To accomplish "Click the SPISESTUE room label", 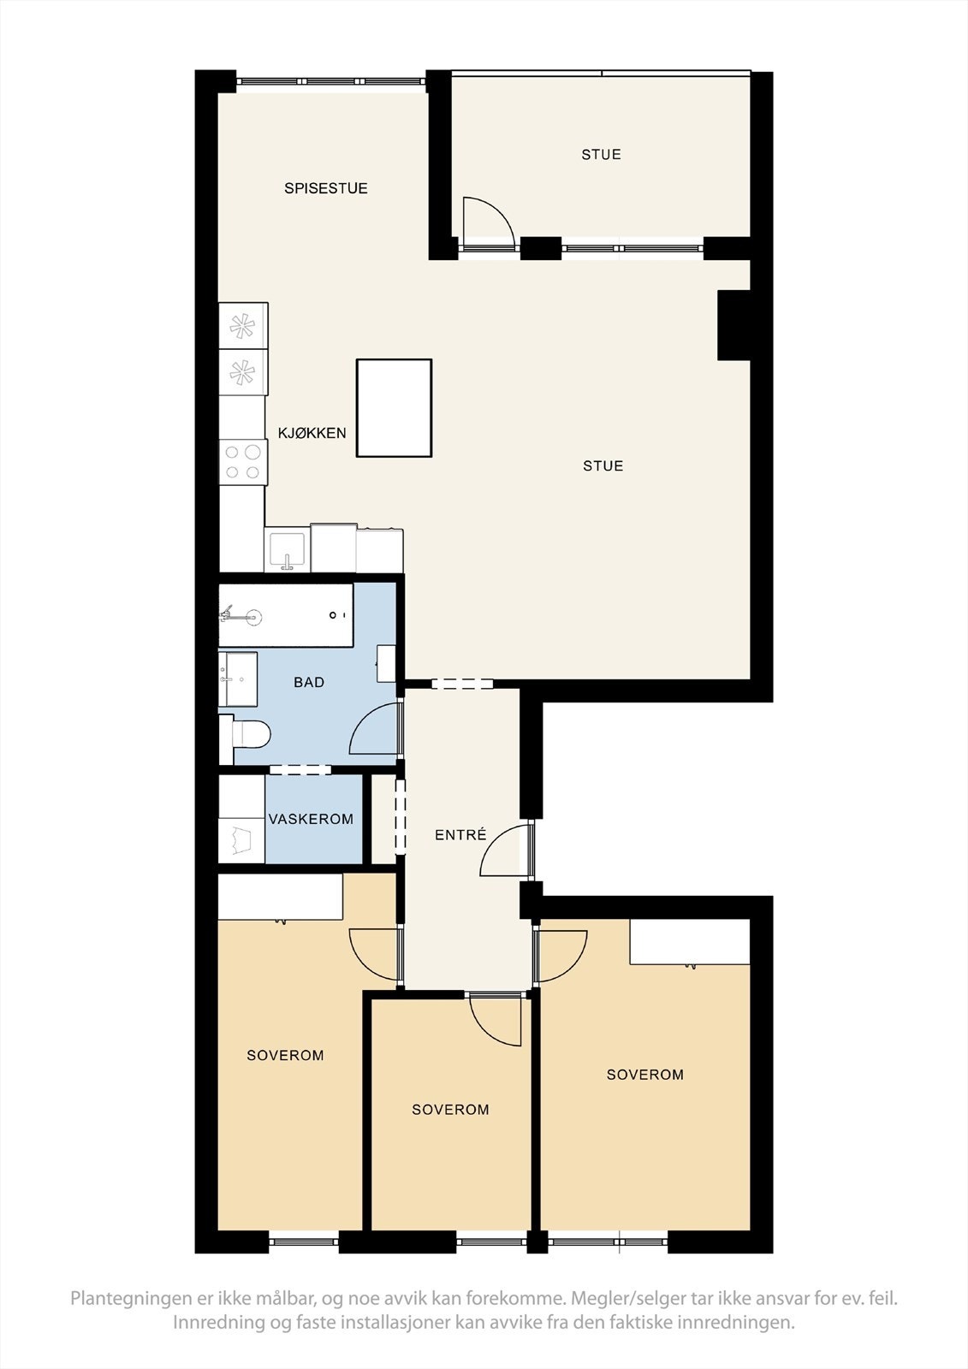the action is pyautogui.click(x=326, y=188).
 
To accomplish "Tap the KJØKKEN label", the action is pyautogui.click(x=312, y=433).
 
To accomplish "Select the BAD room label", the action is pyautogui.click(x=309, y=682).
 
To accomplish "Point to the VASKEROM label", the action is pyautogui.click(x=311, y=819).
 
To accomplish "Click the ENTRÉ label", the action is pyautogui.click(x=460, y=834).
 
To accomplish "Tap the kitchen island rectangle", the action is pyautogui.click(x=395, y=408).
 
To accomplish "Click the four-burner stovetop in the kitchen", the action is pyautogui.click(x=243, y=462).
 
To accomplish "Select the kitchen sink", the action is pyautogui.click(x=287, y=548).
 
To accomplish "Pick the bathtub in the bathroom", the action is pyautogui.click(x=286, y=615).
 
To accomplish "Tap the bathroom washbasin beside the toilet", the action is pyautogui.click(x=238, y=679).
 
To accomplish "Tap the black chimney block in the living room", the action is pyautogui.click(x=733, y=325).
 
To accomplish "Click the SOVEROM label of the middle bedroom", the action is pyautogui.click(x=451, y=1109).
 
